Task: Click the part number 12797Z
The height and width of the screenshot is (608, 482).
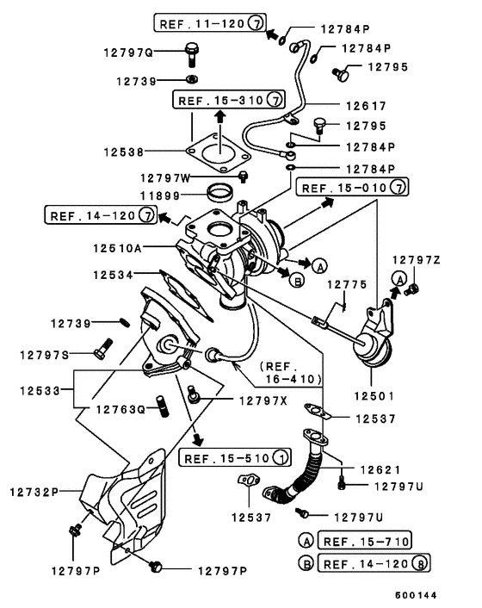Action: pyautogui.click(x=417, y=259)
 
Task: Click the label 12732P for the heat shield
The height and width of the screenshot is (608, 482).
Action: pyautogui.click(x=34, y=492)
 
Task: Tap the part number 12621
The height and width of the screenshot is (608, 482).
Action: pyautogui.click(x=381, y=470)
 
